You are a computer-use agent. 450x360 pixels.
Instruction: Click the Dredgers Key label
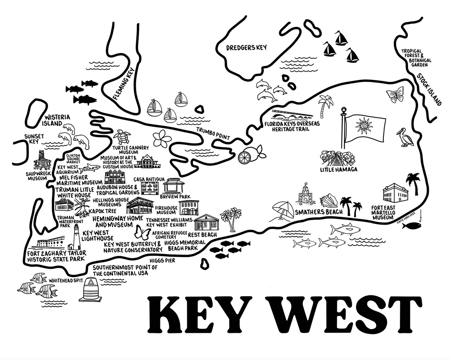coord(246,48)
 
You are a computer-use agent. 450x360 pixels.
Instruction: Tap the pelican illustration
coord(405,137)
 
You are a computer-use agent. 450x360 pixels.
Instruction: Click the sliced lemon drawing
coord(245,157)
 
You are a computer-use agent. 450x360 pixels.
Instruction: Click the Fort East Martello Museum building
coord(395,194)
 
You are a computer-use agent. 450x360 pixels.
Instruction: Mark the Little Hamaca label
coord(339,170)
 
